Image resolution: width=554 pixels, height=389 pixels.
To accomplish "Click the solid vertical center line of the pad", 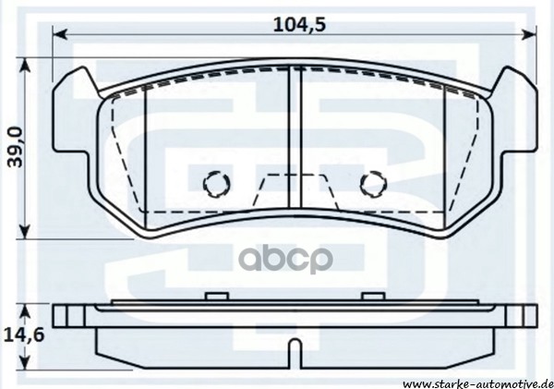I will click(293, 139).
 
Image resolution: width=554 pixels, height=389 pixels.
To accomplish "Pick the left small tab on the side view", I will click(215, 297).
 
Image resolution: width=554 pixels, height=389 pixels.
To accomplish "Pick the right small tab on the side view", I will click(372, 297).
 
